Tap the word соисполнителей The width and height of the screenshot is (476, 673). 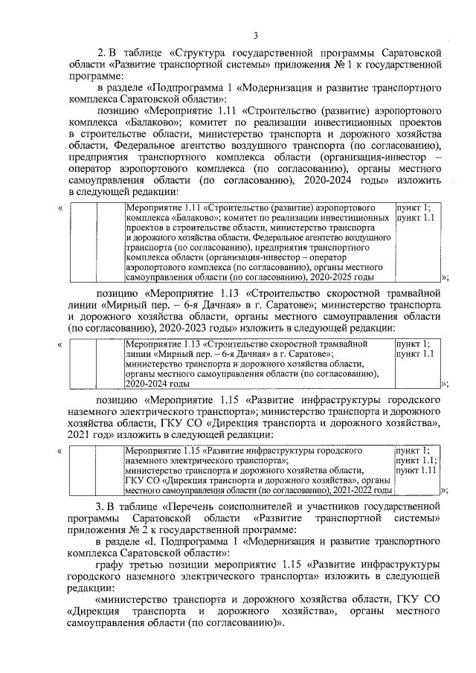click(x=279, y=506)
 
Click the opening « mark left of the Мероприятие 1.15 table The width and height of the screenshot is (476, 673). click(x=59, y=451)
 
